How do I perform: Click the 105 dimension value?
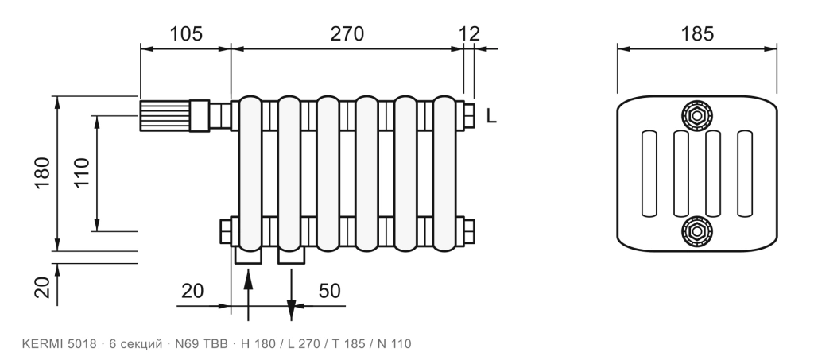[186, 33]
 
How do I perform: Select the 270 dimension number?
[347, 33]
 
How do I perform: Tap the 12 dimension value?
[469, 33]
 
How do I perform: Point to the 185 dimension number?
[697, 33]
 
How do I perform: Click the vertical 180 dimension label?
[42, 172]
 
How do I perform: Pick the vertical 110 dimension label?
[81, 172]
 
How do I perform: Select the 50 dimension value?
[330, 291]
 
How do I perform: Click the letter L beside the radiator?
[491, 116]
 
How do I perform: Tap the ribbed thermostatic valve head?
[165, 116]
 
